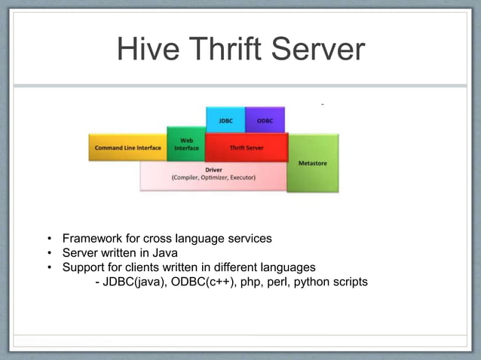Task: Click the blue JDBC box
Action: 225,120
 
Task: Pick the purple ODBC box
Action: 265,120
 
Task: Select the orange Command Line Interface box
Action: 127,148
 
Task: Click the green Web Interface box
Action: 186,145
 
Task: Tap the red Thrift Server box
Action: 247,148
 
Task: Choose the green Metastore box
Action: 313,163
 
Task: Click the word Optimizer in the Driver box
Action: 215,178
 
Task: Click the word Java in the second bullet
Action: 165,253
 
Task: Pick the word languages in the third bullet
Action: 287,267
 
